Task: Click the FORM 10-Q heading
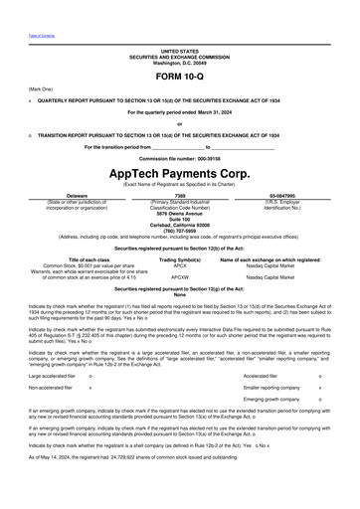[x=179, y=76]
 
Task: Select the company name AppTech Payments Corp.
[x=179, y=173]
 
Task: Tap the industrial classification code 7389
[x=180, y=196]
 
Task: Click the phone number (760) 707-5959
[x=179, y=232]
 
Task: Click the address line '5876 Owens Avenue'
[x=179, y=214]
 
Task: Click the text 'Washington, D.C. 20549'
[x=179, y=62]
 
